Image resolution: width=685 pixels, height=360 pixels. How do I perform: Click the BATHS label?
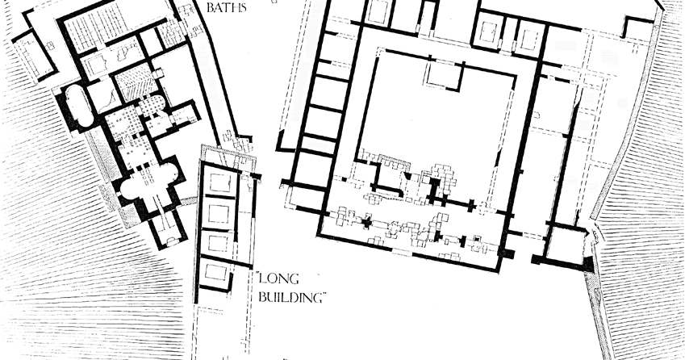[226, 7]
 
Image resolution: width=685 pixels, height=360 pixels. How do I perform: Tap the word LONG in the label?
[278, 278]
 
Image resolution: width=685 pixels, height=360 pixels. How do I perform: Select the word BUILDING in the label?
[292, 297]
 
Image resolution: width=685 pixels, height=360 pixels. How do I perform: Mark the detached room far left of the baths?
[34, 56]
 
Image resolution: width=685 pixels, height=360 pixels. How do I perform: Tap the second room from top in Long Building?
[219, 213]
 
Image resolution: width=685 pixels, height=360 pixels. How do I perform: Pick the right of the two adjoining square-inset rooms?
[529, 38]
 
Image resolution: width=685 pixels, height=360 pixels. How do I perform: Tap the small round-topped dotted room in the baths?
[152, 105]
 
